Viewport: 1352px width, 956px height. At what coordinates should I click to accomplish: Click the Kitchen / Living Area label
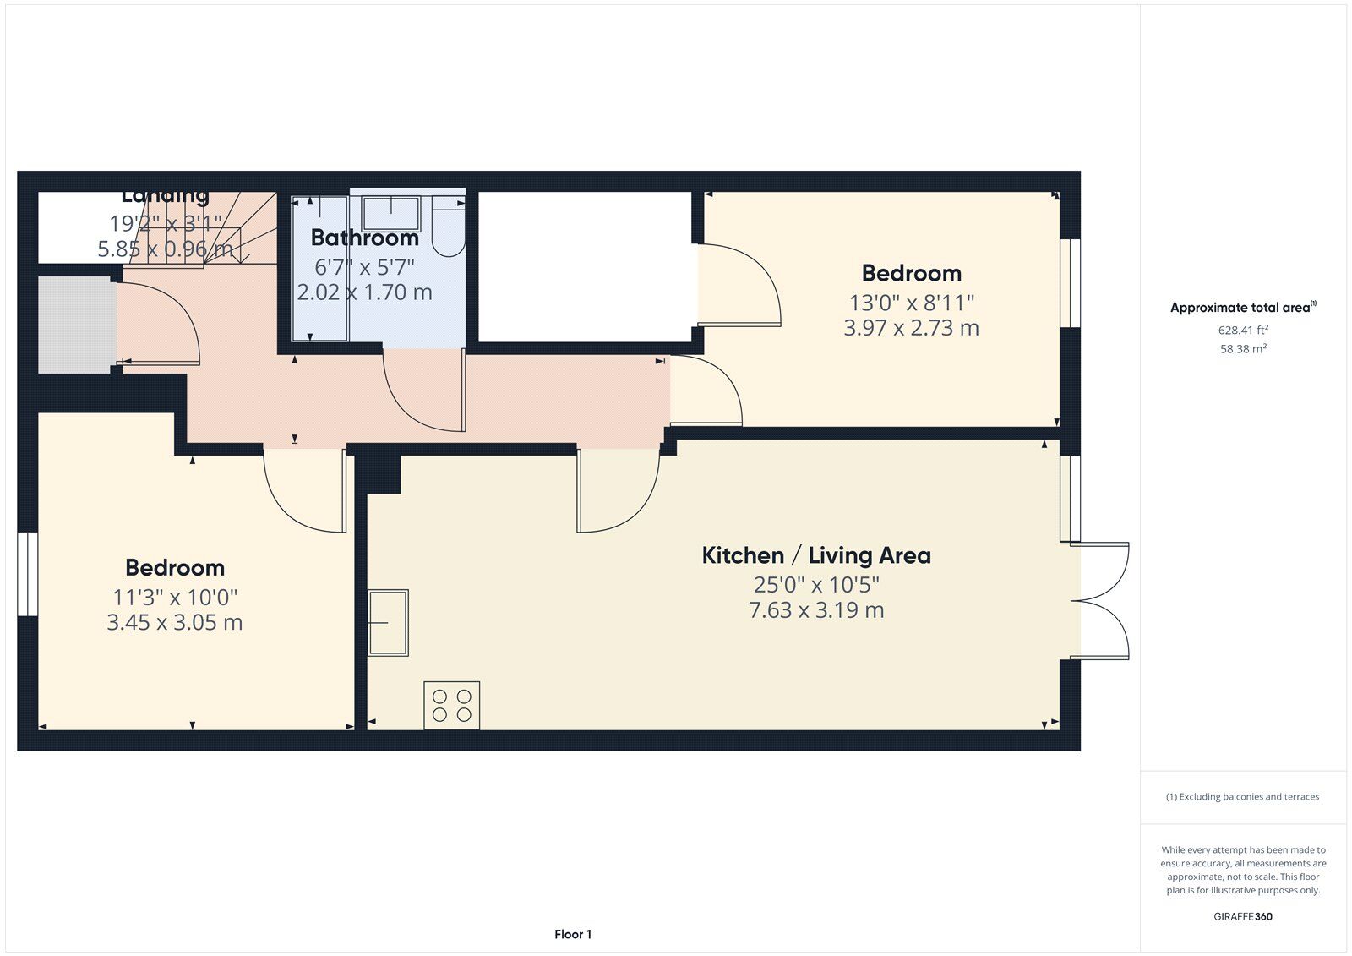coord(816,555)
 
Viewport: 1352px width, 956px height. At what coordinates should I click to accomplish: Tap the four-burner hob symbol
coord(451,706)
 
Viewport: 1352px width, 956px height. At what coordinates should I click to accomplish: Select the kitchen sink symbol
coord(388,623)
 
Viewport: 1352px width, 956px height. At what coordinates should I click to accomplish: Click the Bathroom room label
coord(364,238)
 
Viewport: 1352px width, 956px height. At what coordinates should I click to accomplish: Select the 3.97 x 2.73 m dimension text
coord(911,328)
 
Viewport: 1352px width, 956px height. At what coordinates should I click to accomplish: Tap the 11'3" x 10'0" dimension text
coord(175,597)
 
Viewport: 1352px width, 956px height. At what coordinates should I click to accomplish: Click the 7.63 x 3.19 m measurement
coord(816,610)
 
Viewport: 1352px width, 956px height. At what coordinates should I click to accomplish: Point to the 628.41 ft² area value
coord(1243,331)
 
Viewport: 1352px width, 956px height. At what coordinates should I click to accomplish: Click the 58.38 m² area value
coord(1243,348)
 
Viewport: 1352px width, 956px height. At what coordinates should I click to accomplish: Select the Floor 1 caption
coord(573,934)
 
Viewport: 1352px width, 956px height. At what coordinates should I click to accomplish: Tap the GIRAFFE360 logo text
coord(1243,916)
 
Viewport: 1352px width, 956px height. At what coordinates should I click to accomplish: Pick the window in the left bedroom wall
coord(28,573)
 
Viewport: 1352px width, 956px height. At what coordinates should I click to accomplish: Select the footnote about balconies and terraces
coord(1242,796)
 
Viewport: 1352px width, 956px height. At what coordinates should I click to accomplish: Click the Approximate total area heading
coord(1242,308)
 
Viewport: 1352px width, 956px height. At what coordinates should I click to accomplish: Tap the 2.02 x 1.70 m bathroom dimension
coord(364,292)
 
